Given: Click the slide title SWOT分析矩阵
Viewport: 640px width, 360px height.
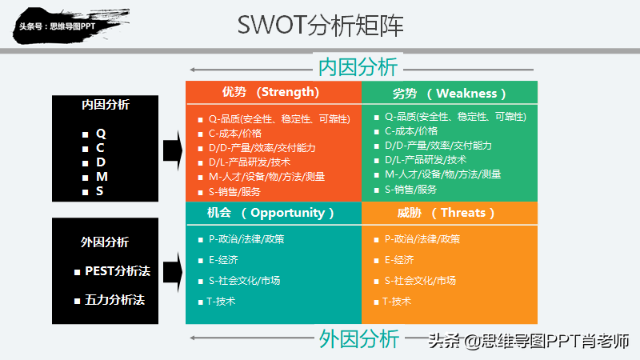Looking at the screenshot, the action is (x=321, y=25).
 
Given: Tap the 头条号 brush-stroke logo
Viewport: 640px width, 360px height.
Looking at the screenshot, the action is (x=70, y=26).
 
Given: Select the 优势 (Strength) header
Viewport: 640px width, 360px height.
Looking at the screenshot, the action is (x=270, y=92).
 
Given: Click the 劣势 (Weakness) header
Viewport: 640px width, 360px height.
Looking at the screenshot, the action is (x=449, y=94).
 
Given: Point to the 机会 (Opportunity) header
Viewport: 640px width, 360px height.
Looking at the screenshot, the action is (x=270, y=213).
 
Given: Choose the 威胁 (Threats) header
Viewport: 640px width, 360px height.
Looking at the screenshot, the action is (x=446, y=213).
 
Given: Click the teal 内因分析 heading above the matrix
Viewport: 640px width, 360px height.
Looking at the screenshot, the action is (x=358, y=67).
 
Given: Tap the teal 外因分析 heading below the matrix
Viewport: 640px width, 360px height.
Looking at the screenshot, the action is (x=358, y=338).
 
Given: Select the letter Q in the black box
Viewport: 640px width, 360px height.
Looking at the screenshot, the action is (x=101, y=134).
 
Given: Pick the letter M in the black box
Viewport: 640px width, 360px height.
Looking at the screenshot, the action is (x=102, y=177).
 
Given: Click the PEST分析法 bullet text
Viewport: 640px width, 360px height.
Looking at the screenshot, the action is (x=118, y=271).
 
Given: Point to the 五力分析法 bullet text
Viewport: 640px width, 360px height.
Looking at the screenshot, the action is (x=114, y=300).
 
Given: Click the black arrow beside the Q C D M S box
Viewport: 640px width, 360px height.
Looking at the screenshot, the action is (x=173, y=150).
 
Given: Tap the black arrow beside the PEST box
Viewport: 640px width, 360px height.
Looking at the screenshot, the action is (x=173, y=272).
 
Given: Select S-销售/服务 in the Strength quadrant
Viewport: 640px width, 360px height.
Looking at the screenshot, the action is (x=234, y=191).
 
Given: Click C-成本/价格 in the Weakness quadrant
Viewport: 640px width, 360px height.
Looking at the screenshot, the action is (x=411, y=131).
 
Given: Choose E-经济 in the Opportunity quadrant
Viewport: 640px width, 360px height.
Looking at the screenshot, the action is (x=223, y=260).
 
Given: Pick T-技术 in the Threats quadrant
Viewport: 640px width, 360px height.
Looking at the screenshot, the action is (x=396, y=302).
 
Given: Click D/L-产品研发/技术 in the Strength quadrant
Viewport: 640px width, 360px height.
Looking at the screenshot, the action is (x=250, y=162).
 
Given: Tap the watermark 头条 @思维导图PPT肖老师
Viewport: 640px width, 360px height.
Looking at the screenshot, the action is (x=529, y=341).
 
